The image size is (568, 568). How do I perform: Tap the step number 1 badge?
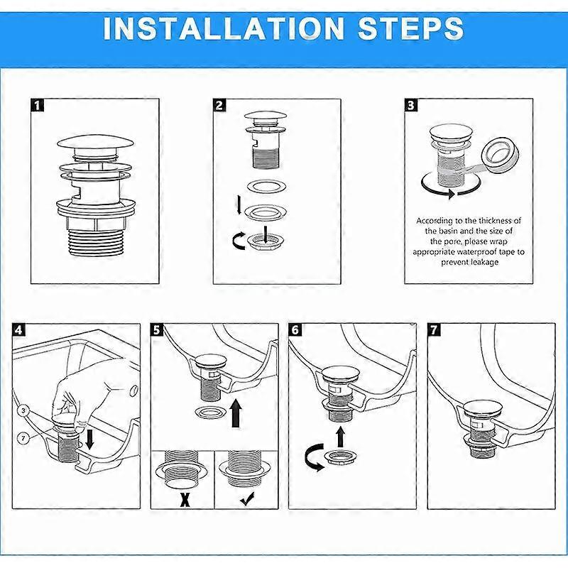38,105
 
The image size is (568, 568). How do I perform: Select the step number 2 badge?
220,105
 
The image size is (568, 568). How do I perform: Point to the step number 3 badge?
411,105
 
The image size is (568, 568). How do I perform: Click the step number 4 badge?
19,329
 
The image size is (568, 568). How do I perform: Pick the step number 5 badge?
158,329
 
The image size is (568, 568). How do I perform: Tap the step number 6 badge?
295,329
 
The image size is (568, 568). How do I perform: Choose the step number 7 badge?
434,329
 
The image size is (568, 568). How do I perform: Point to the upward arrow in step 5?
235,413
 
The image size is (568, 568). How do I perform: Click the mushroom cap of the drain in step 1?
93,147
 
